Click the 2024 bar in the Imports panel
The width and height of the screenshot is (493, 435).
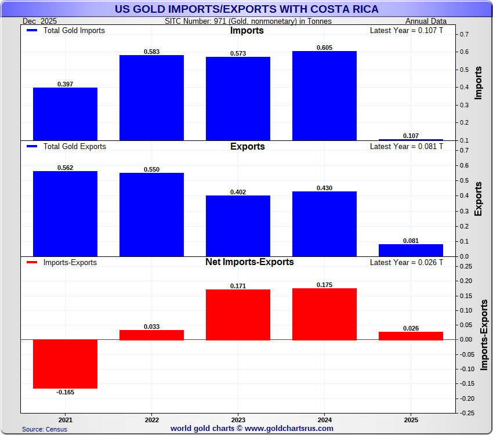click(324, 96)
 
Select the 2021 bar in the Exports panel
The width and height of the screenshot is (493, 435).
click(65, 213)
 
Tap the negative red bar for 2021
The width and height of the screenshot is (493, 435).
click(65, 364)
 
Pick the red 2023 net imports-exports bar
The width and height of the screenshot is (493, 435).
click(238, 314)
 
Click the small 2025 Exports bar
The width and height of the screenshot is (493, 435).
click(411, 250)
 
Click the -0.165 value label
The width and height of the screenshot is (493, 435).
click(66, 392)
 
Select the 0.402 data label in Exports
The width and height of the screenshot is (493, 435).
click(238, 192)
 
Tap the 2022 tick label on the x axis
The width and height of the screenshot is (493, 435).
click(151, 419)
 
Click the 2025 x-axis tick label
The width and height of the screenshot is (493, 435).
click(411, 419)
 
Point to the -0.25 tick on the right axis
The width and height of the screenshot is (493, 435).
click(466, 413)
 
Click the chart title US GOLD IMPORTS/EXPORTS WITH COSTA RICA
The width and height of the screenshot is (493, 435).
click(246, 9)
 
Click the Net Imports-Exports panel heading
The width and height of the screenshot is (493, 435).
click(249, 262)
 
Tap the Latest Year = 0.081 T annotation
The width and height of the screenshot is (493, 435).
click(406, 147)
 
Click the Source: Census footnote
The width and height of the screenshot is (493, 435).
click(45, 429)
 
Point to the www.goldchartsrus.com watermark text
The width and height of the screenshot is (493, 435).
click(252, 429)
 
